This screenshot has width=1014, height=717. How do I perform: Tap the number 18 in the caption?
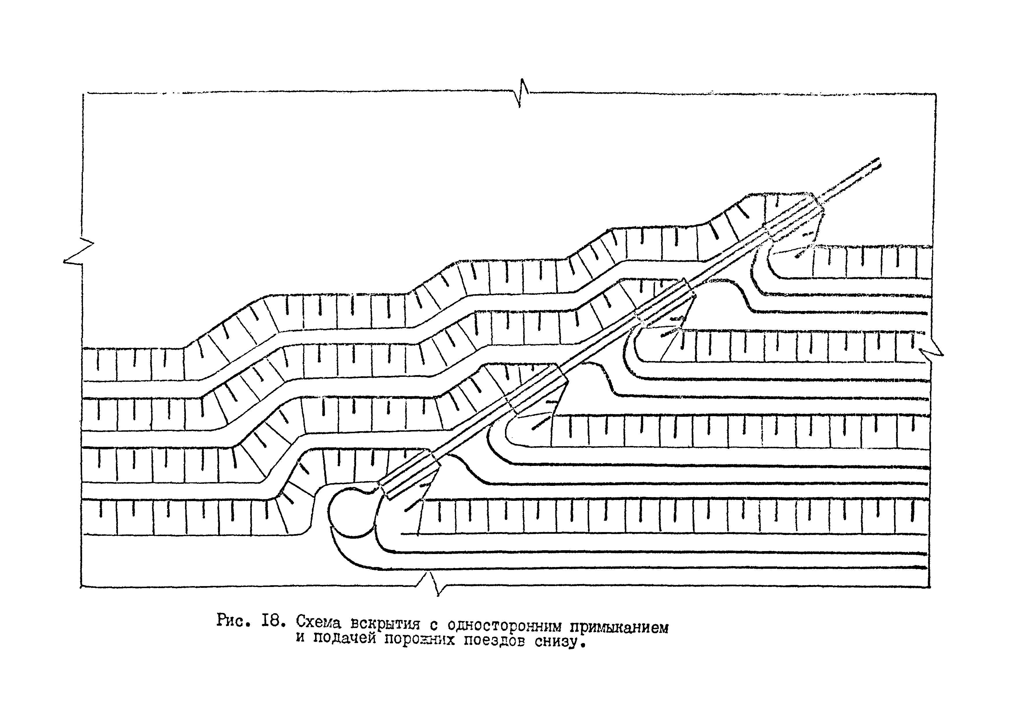tap(271, 621)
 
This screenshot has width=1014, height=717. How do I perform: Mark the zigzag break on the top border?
tap(522, 93)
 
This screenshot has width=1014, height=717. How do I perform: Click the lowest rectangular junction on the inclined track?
tap(410, 474)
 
